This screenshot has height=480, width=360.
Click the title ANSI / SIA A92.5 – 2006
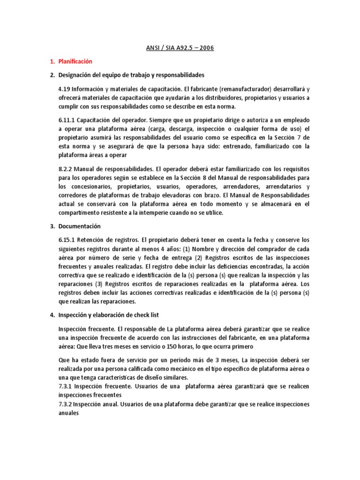pyautogui.click(x=180, y=48)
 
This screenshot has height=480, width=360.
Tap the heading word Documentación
pyautogui.click(x=79, y=226)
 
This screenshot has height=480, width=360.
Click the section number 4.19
pyautogui.click(x=64, y=89)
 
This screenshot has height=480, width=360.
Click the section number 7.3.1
pyautogui.click(x=65, y=386)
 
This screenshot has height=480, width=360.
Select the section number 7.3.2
pyautogui.click(x=65, y=404)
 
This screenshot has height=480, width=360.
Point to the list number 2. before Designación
pyautogui.click(x=52, y=75)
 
